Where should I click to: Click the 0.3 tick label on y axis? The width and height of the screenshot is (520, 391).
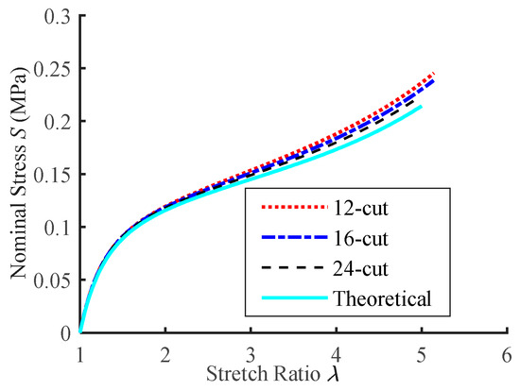(x=58, y=18)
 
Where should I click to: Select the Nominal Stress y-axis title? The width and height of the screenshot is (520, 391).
(x=19, y=176)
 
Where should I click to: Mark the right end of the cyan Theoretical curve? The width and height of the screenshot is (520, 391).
(x=422, y=106)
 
